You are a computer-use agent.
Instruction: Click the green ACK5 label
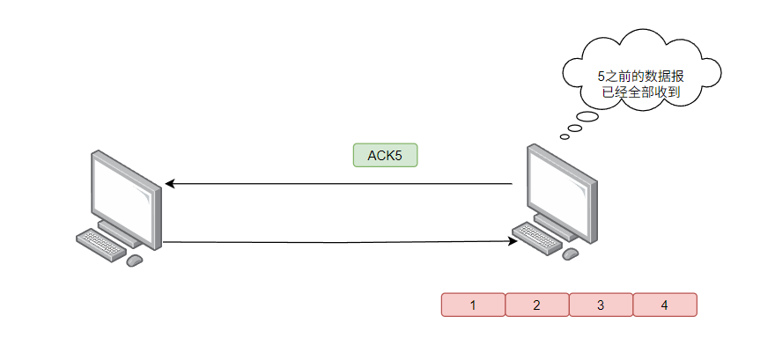click(385, 155)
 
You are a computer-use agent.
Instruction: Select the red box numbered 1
click(473, 305)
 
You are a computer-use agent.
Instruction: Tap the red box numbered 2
click(536, 305)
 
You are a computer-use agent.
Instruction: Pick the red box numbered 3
click(601, 305)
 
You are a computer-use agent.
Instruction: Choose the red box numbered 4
click(664, 305)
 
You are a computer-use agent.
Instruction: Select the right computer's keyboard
click(537, 236)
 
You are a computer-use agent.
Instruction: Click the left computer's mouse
click(135, 261)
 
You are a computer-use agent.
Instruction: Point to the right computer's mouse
click(571, 253)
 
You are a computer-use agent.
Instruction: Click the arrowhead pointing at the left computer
click(170, 184)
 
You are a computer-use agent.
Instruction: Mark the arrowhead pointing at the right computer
click(510, 240)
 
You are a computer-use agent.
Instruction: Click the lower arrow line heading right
click(335, 241)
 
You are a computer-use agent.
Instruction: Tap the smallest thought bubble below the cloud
click(565, 136)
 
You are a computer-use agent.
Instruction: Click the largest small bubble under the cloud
click(587, 118)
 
